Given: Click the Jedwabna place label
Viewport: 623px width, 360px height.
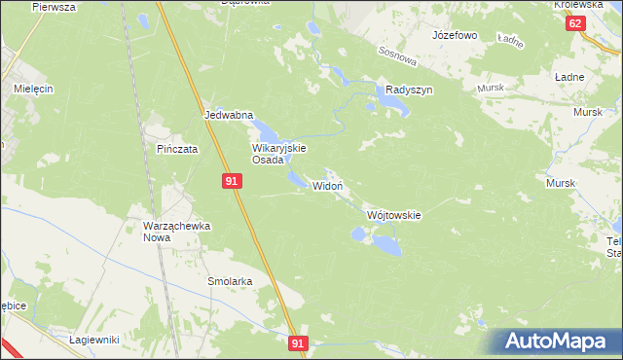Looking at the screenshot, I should tap(229, 115).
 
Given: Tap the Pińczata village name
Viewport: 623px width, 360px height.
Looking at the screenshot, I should tap(178, 150).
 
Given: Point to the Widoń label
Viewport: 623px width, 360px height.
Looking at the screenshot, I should tap(327, 186).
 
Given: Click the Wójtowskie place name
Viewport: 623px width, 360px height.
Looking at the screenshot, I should tap(393, 215).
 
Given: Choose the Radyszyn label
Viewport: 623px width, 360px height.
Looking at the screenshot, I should tap(409, 89).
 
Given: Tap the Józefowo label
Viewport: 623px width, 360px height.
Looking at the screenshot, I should tap(455, 35).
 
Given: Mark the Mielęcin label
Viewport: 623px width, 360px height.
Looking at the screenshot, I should tap(32, 88).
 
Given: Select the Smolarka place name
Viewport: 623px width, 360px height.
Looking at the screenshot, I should tap(230, 281).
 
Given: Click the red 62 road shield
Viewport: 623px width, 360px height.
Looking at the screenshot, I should tap(575, 23).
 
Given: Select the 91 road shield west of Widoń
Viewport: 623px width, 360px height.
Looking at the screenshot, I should tap(231, 181).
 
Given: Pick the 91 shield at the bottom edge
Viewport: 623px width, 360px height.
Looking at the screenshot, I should tap(300, 343).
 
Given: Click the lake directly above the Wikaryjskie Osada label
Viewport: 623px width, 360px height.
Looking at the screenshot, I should tap(266, 129).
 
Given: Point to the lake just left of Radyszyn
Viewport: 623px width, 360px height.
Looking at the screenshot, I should tap(380, 93).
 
